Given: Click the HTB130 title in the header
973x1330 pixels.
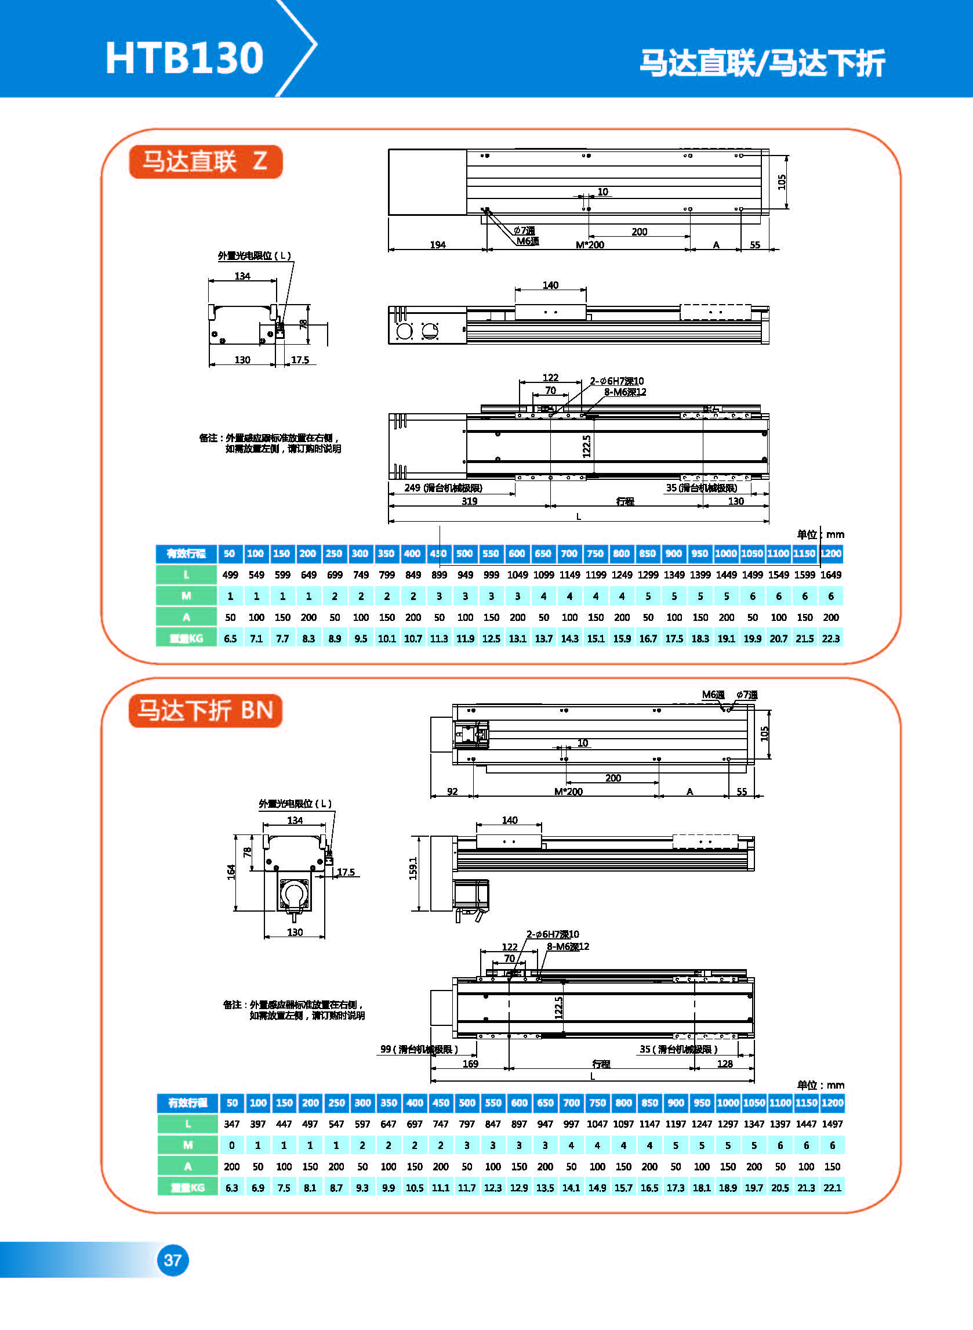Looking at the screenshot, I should pyautogui.click(x=184, y=58).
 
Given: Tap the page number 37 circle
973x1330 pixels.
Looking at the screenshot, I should pyautogui.click(x=172, y=1260).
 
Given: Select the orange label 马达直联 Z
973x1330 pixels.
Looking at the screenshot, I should pyautogui.click(x=205, y=161).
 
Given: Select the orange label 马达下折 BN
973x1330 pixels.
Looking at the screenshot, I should pyautogui.click(x=205, y=711).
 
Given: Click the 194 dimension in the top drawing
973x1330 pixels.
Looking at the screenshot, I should pyautogui.click(x=438, y=244).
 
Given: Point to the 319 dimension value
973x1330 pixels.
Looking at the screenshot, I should pyautogui.click(x=470, y=501).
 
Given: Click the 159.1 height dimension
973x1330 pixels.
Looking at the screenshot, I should pyautogui.click(x=413, y=868).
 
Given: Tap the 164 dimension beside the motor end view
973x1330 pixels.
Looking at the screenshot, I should pyautogui.click(x=231, y=872).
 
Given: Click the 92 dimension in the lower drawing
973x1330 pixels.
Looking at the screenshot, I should pyautogui.click(x=452, y=792).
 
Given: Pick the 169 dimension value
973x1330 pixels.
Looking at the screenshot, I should pyautogui.click(x=470, y=1064).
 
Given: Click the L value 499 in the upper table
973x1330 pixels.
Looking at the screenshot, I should pyautogui.click(x=230, y=575).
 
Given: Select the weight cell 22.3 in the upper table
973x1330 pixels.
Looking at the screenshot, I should pyautogui.click(x=830, y=639).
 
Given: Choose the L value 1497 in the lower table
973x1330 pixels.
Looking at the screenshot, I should pyautogui.click(x=832, y=1125).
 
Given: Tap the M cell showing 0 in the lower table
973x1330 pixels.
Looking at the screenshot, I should pyautogui.click(x=232, y=1145).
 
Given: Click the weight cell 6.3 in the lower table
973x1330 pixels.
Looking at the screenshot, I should pyautogui.click(x=232, y=1188).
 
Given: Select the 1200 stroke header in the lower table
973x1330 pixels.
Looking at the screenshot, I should pyautogui.click(x=832, y=1103).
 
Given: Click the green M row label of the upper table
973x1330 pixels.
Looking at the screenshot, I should pyautogui.click(x=186, y=597).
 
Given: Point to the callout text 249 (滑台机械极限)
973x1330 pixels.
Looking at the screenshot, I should pyautogui.click(x=443, y=488).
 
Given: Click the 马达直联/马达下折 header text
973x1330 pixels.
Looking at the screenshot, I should pyautogui.click(x=762, y=63).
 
